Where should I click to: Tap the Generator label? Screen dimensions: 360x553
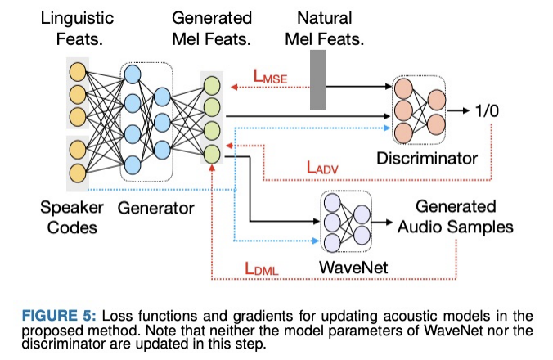[155, 208]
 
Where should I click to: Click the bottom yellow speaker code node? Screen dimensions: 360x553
[78, 173]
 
